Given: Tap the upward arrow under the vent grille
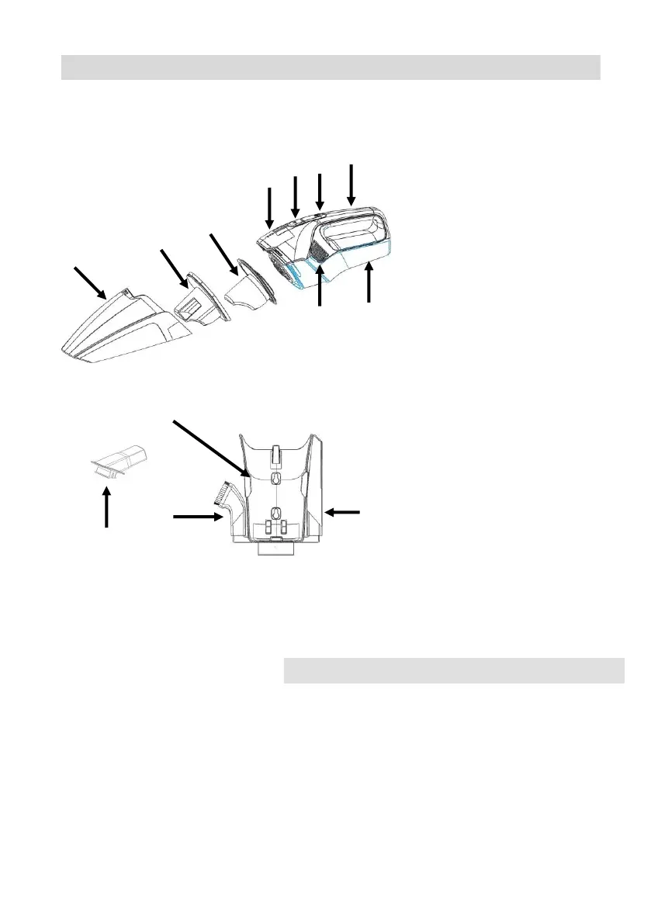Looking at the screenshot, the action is point(320,289).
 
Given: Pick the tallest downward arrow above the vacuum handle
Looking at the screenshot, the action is point(352,185).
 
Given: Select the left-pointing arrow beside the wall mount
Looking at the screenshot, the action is point(343,511).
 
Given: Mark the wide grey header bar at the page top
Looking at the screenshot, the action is point(331,67).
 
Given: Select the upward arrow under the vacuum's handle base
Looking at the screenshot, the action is point(369,282).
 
